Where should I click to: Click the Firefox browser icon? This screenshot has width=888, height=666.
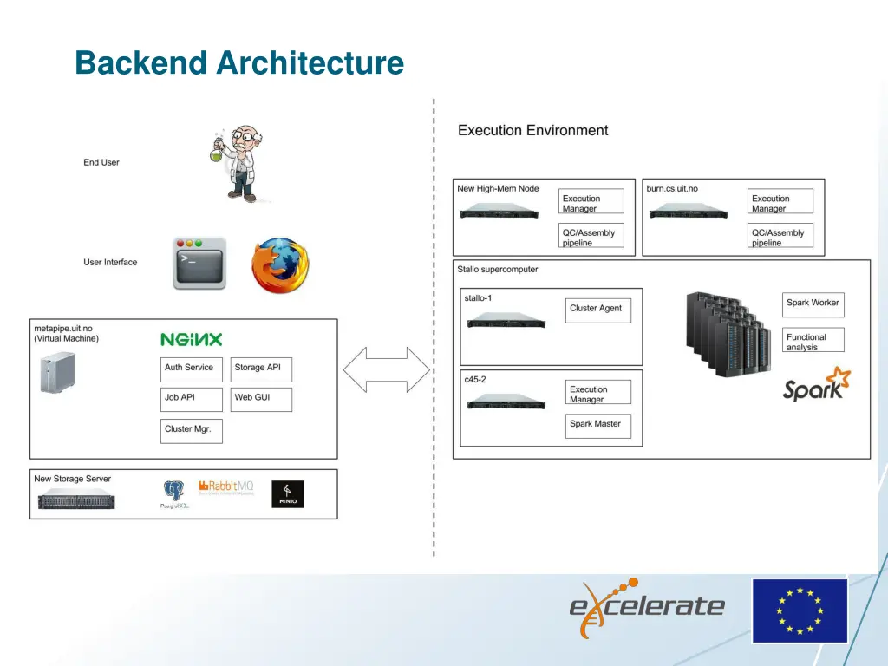point(279,265)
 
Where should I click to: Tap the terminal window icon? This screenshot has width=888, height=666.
point(199,264)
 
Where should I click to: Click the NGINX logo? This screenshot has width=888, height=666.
point(191,340)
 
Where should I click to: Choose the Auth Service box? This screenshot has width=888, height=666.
point(192,369)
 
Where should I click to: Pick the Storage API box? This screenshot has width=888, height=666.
point(261,369)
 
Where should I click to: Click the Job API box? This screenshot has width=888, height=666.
point(192,399)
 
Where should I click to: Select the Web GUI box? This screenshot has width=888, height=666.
point(261,399)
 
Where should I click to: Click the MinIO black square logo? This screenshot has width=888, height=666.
point(287,494)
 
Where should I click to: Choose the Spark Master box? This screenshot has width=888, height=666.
point(597,426)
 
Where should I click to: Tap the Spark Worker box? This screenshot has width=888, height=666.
point(813,304)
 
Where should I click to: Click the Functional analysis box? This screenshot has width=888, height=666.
point(813,341)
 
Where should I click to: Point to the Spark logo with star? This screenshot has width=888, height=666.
point(816,384)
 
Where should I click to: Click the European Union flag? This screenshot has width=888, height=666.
point(799,610)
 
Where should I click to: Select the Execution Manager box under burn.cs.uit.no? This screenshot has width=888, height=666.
point(780,202)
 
